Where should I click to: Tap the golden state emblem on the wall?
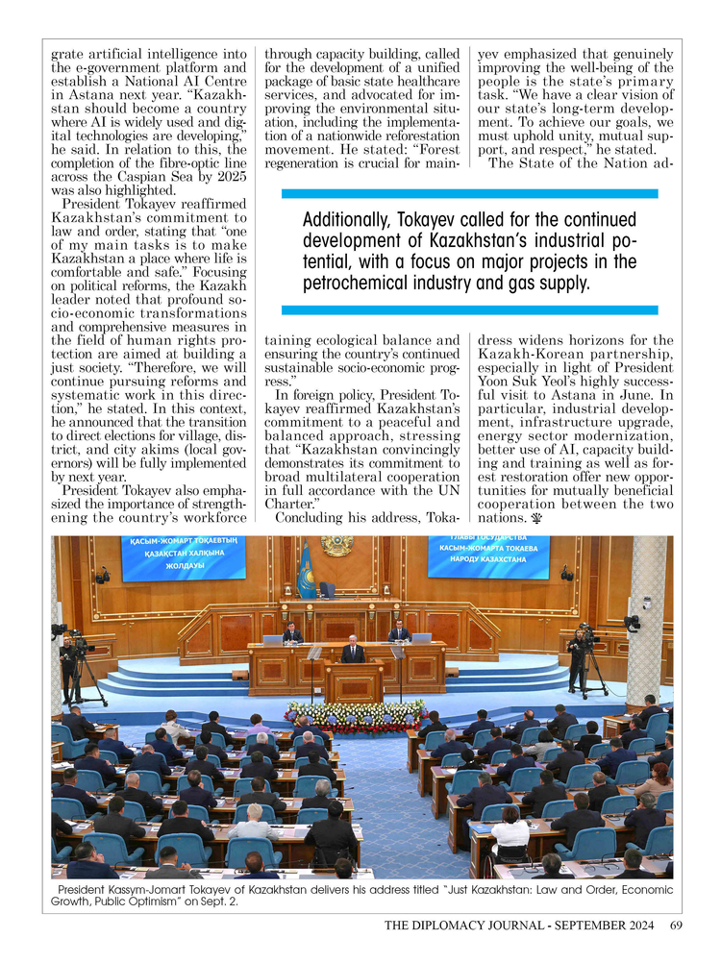pyautogui.click(x=336, y=546)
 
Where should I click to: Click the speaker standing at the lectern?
pyautogui.click(x=354, y=654)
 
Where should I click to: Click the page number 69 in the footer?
pyautogui.click(x=677, y=926)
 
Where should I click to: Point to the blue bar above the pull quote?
pyautogui.click(x=470, y=194)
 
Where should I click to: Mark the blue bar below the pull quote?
pyautogui.click(x=470, y=310)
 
